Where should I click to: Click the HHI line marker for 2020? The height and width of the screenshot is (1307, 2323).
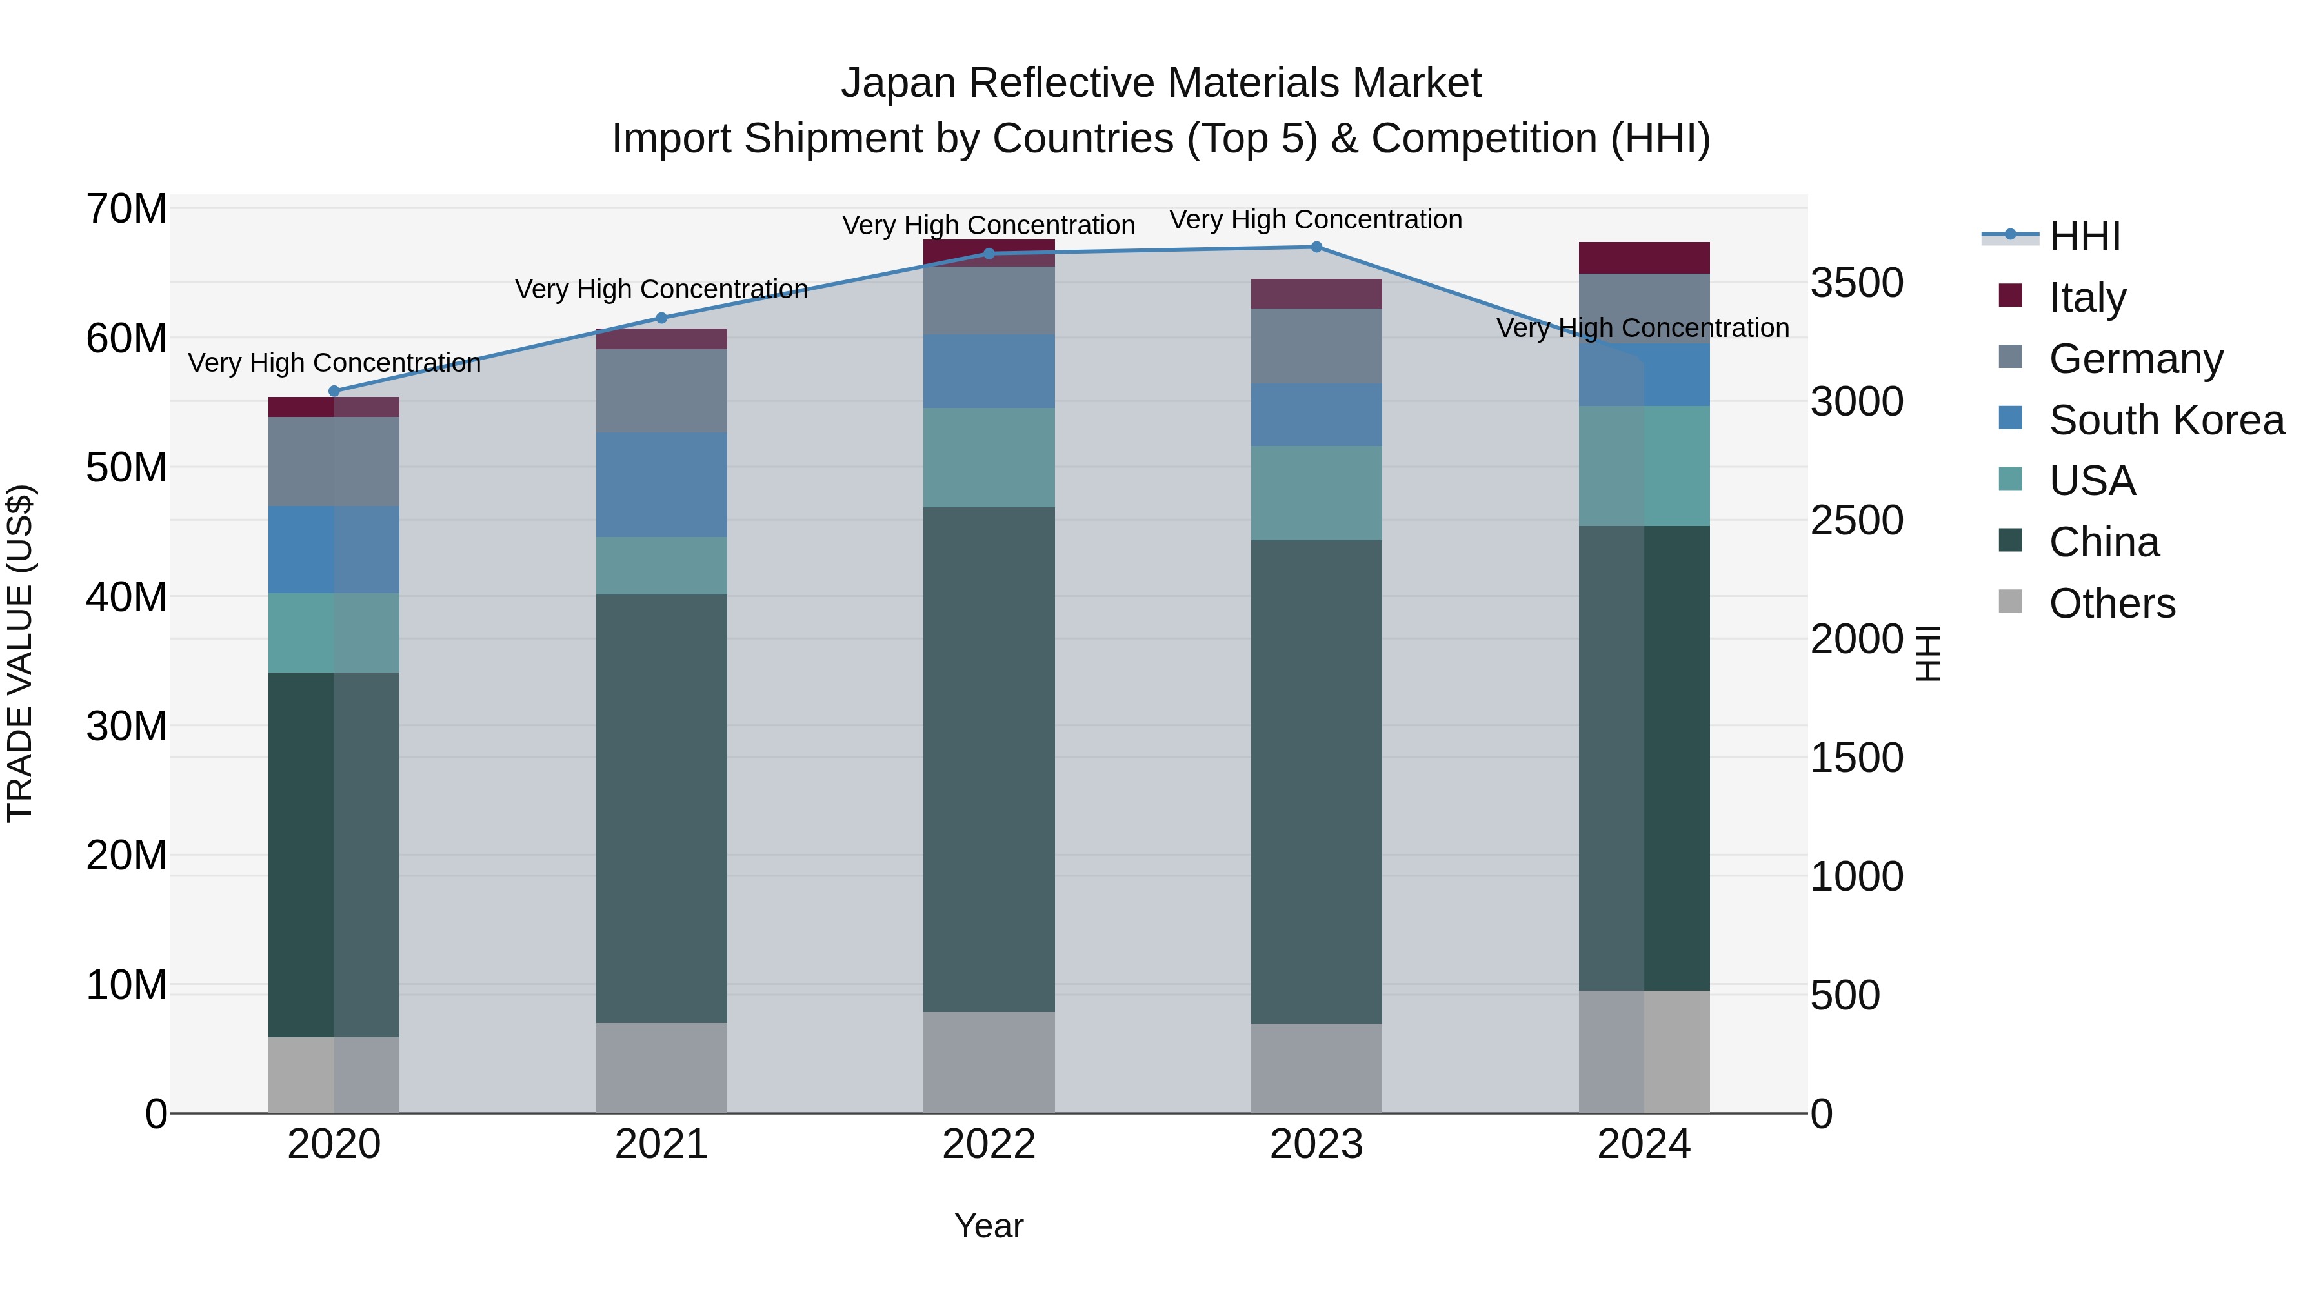[334, 392]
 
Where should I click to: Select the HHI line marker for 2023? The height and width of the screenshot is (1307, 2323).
[1316, 247]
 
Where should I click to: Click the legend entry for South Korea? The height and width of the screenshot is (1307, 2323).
[2166, 420]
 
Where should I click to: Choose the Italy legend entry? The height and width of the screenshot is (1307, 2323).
[2087, 298]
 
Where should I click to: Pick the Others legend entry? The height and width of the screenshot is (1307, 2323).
[2111, 603]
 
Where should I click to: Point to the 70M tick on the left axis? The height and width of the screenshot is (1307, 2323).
[126, 209]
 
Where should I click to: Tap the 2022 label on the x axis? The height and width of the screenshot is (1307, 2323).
[989, 1144]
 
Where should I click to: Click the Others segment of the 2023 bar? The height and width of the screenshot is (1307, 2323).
[1316, 1068]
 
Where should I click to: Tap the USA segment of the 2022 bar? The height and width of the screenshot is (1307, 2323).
[989, 458]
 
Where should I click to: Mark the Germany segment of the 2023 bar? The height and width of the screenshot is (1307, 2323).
[1316, 347]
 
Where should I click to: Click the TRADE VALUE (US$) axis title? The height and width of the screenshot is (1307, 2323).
[20, 653]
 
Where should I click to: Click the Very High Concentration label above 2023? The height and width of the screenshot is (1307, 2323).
[1316, 220]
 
